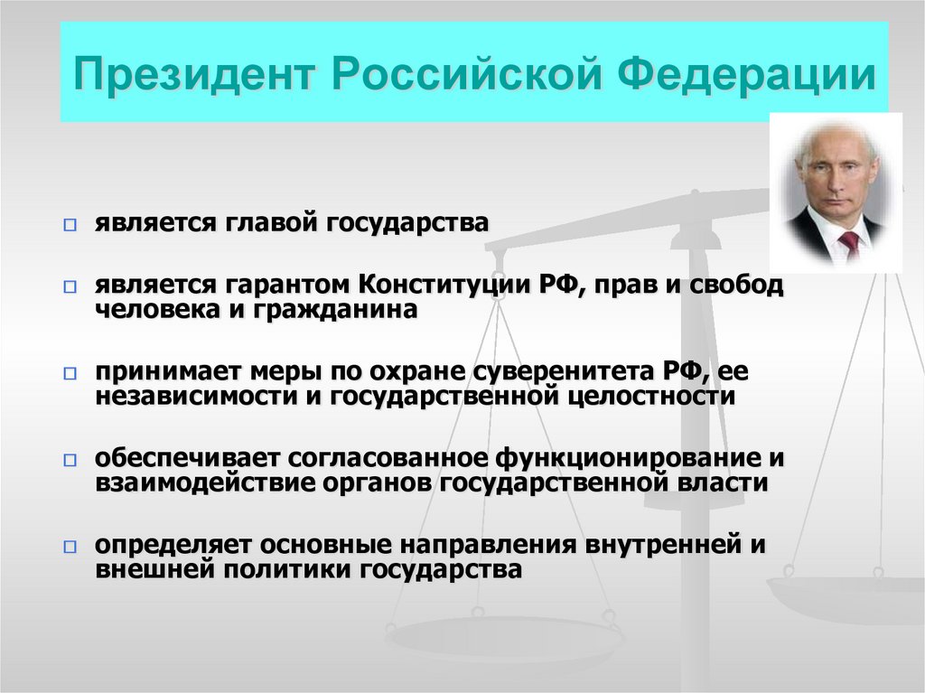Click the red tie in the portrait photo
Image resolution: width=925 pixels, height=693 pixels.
point(849,243)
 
